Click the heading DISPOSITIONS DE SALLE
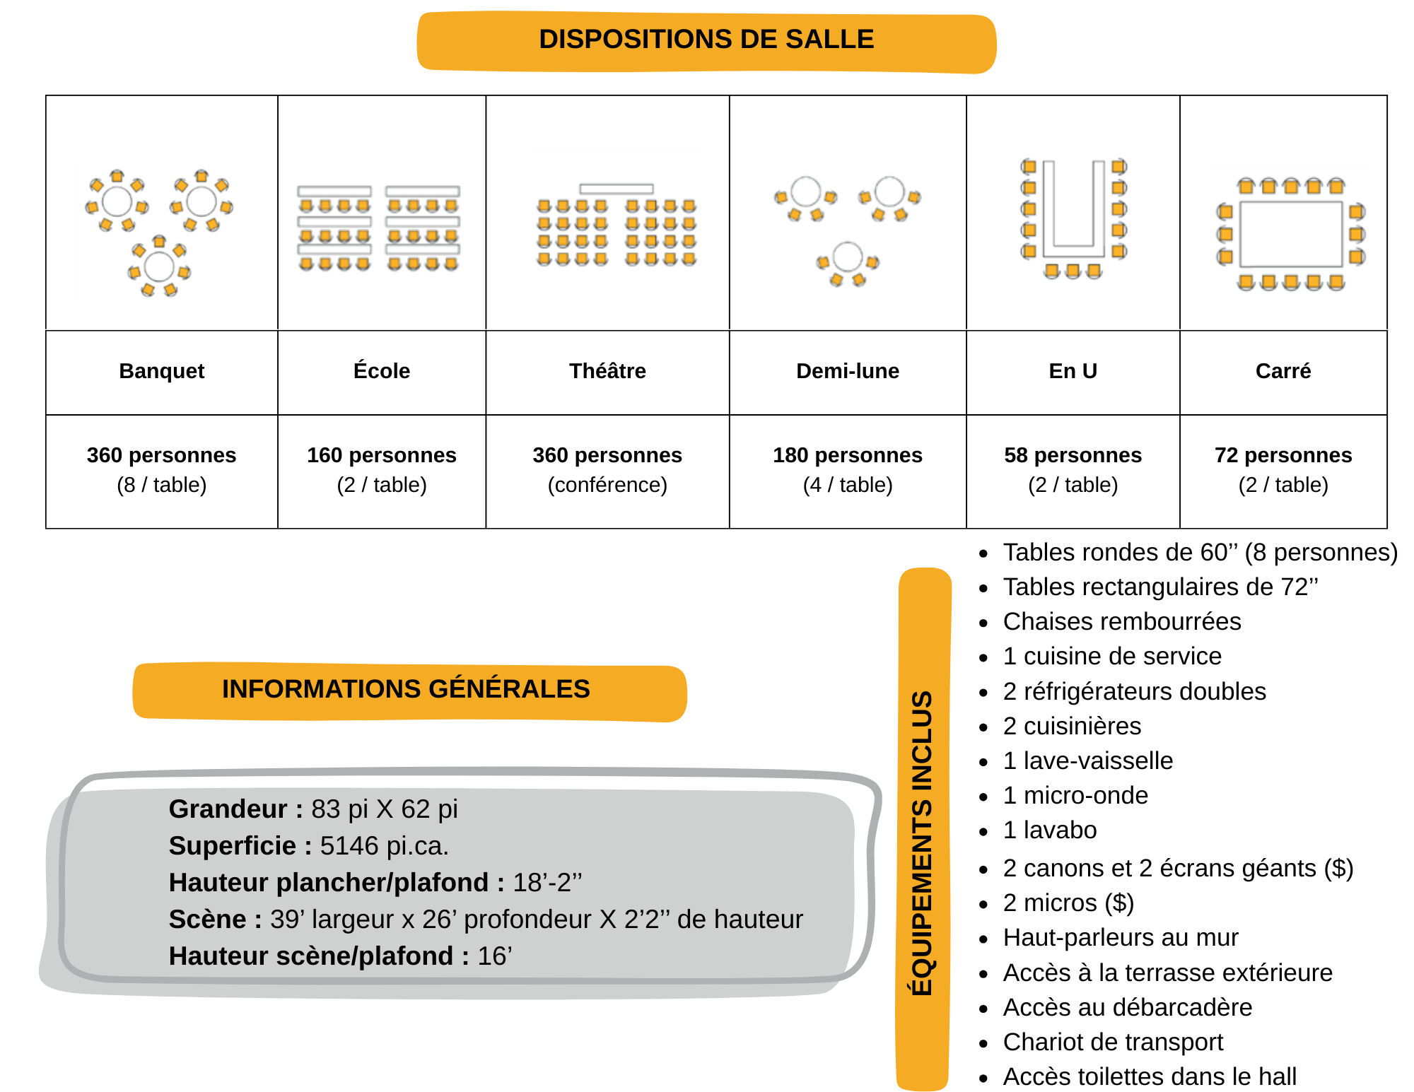coord(706,40)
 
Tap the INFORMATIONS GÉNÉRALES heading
coord(406,689)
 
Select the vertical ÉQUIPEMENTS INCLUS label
coord(923,841)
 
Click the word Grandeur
coord(228,809)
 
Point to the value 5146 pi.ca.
coord(384,845)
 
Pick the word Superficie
coord(232,845)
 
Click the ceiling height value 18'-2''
coord(547,882)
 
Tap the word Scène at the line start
coord(207,919)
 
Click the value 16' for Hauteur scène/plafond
coord(494,956)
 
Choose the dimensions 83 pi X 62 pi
coord(385,809)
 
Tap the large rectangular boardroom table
coord(1291,234)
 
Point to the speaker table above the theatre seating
coord(617,189)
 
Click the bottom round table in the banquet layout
coord(159,266)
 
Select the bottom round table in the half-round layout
coord(847,256)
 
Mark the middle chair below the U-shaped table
coord(1073,270)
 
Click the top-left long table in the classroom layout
coord(334,191)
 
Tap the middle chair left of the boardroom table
coord(1225,234)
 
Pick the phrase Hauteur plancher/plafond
coord(329,882)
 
